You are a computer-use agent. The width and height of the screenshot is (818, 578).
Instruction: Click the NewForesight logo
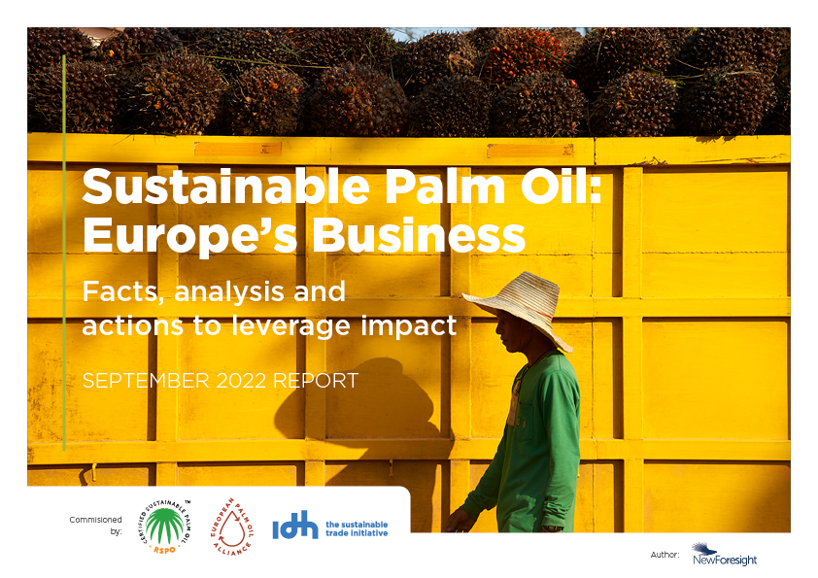click(x=725, y=555)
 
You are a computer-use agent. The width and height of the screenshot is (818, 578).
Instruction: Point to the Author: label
click(x=665, y=554)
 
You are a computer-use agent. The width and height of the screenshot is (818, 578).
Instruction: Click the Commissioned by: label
click(x=95, y=525)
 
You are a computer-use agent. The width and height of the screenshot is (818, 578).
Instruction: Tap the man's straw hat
click(x=515, y=303)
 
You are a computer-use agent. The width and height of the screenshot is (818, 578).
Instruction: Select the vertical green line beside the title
click(x=64, y=253)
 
